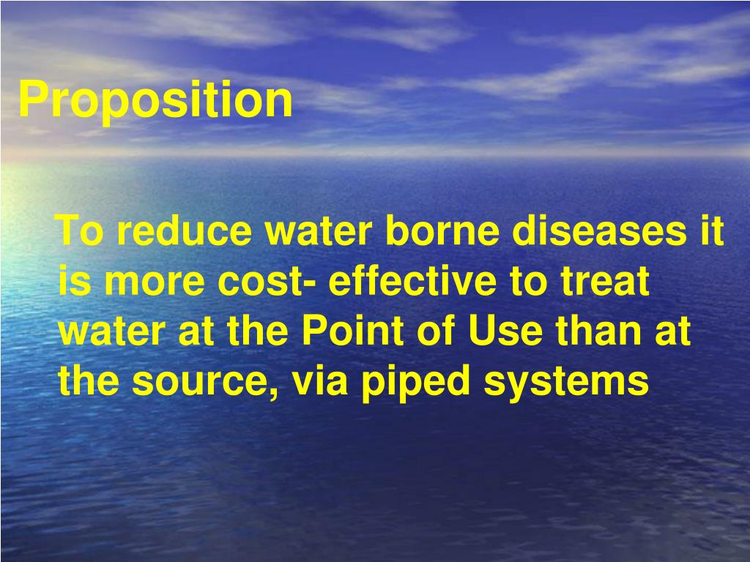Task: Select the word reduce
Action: tap(184, 231)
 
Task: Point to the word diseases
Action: tap(599, 231)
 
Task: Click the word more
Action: tap(155, 281)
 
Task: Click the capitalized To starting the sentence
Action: tap(79, 231)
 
